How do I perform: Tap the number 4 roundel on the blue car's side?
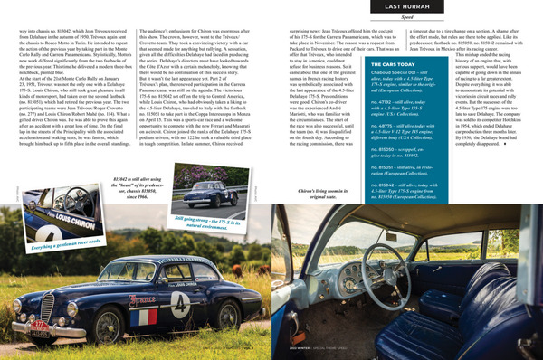pyautogui.click(x=205, y=299)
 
